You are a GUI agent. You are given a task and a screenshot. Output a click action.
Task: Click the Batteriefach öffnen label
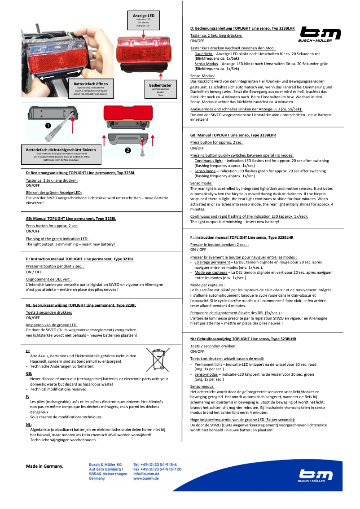[91, 84]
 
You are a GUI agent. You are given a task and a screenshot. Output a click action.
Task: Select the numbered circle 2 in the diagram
[127, 150]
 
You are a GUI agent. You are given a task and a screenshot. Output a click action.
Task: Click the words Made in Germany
[45, 466]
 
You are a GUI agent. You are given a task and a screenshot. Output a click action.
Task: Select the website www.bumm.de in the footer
[146, 478]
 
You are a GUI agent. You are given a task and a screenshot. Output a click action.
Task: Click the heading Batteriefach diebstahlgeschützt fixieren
[61, 149]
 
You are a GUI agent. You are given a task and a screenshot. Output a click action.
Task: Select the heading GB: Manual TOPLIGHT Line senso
[233, 135]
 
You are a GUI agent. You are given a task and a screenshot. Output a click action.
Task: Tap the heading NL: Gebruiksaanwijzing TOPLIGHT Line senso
[243, 338]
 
